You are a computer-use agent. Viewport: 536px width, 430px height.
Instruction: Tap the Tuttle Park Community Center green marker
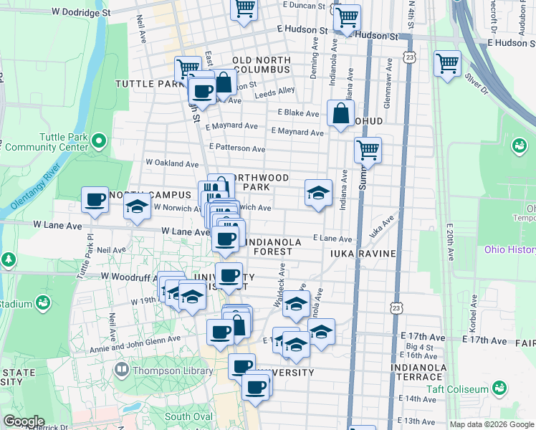pos(100,140)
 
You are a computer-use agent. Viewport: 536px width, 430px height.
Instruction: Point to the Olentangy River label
pos(33,190)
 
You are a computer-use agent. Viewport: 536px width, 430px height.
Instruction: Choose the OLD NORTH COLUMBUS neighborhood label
pos(261,64)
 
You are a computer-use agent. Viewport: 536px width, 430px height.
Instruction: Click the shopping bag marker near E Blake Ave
pos(340,113)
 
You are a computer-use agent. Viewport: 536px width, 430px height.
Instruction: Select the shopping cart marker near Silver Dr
pos(447,63)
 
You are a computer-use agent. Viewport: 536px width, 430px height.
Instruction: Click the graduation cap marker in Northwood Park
pos(318,192)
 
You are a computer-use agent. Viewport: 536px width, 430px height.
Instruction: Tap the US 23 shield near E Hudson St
pos(409,57)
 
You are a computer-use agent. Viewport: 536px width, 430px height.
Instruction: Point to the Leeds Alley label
pos(274,91)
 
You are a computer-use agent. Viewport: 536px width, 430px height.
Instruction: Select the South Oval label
pos(188,416)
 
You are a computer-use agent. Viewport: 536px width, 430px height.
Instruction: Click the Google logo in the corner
pos(23,421)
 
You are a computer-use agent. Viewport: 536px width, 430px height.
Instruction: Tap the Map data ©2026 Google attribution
pos(491,424)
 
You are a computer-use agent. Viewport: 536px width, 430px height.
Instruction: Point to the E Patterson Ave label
pos(237,148)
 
